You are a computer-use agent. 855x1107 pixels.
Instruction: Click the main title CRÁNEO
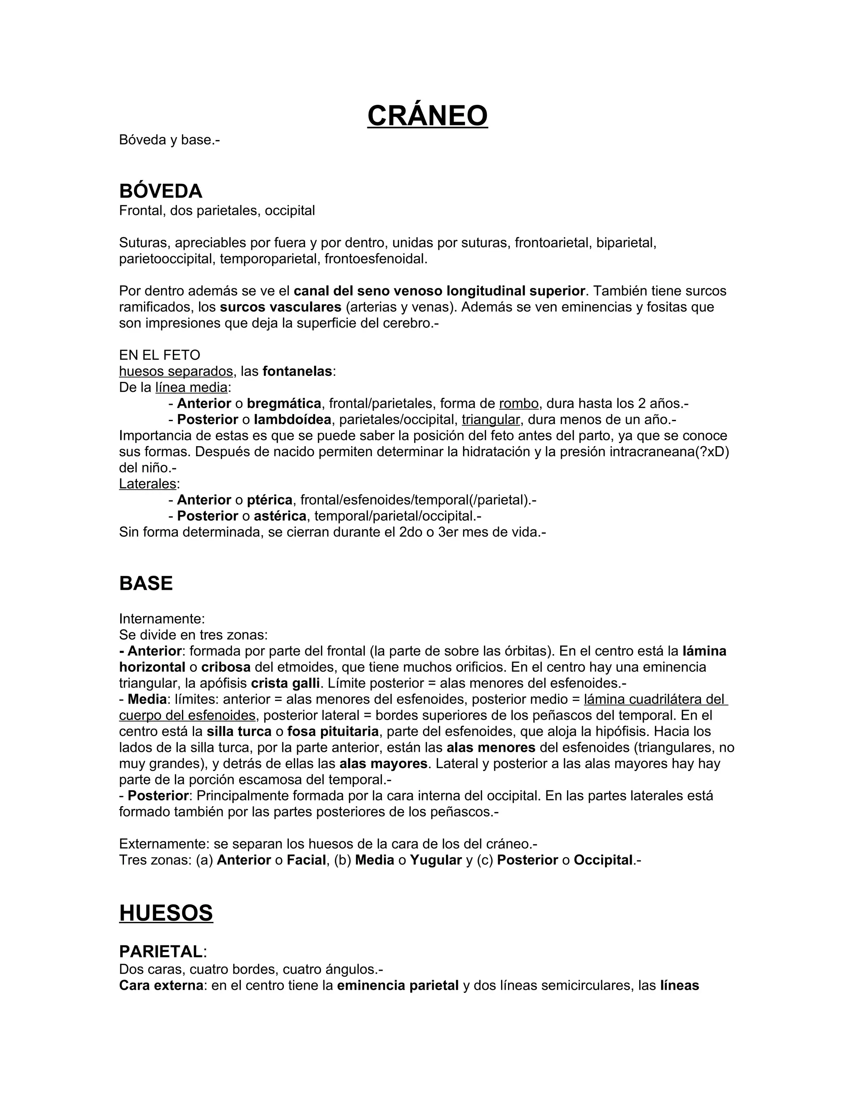(x=427, y=116)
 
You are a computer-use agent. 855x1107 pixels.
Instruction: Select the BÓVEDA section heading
(x=161, y=191)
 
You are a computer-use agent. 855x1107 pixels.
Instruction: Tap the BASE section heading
(x=146, y=584)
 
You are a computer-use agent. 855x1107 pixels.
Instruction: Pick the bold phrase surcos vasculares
(x=281, y=307)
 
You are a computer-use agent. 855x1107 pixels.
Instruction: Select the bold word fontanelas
(x=297, y=371)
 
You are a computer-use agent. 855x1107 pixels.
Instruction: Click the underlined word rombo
(x=519, y=404)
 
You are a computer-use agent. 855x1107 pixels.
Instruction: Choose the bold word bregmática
(x=283, y=404)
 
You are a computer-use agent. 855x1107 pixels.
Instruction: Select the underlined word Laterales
(x=147, y=484)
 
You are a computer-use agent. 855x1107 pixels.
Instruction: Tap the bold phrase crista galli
(x=285, y=683)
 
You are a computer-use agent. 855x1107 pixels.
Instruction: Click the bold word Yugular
(x=435, y=860)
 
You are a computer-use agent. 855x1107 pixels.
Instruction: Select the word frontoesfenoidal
(x=376, y=259)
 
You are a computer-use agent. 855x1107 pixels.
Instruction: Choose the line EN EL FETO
(x=159, y=355)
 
